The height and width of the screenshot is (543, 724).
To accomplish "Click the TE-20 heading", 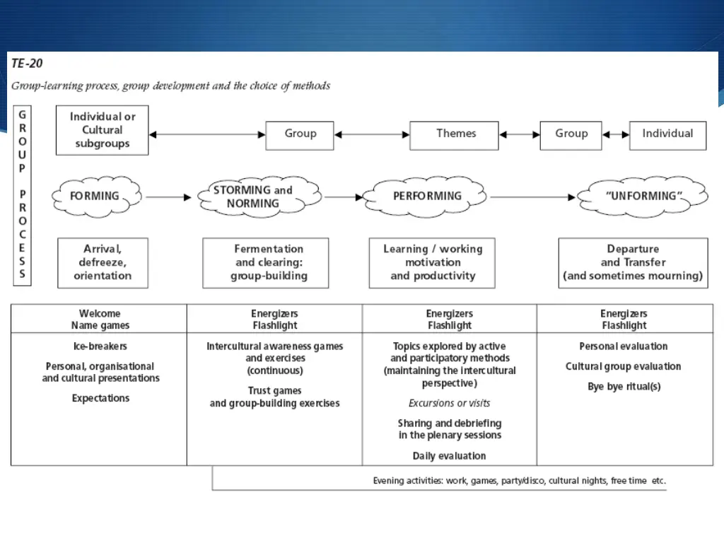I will pos(27,64).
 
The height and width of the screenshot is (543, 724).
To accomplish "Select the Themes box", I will pos(455,134).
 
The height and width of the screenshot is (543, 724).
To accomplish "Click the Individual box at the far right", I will pos(667,134).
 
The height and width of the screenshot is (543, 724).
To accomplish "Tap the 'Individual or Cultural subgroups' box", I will pos(103,130).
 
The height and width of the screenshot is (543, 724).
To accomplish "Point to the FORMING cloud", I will pos(95,196).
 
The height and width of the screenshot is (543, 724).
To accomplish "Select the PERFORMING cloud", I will pos(427,196).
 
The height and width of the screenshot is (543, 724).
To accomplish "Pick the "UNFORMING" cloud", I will pos(643,196).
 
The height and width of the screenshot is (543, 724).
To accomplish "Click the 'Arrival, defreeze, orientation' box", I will pos(103,262).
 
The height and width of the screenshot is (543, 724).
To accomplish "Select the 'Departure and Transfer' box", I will pos(633,262).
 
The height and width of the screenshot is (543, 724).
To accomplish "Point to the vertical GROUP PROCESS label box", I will pos(22,195).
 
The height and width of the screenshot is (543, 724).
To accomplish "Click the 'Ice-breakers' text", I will pos(100,346).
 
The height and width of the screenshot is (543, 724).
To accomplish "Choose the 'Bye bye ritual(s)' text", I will pos(624,387).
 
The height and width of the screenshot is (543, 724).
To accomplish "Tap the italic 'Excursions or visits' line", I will pos(449,403).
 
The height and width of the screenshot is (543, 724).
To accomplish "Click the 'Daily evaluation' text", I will pos(449,456).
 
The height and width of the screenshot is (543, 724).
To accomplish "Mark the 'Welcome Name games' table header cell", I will pos(100,320).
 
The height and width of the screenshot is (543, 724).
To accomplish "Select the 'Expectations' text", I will pos(100,398).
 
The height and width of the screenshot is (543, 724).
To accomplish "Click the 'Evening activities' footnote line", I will pos(519,481).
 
